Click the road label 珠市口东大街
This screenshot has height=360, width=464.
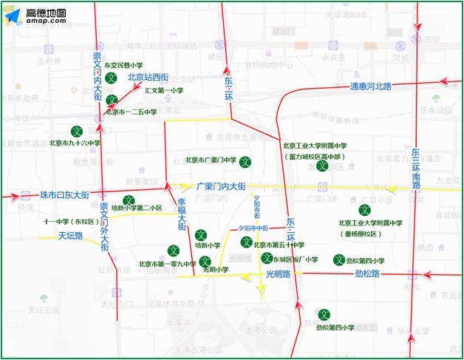click(64, 195)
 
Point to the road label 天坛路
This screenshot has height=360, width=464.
click(71, 237)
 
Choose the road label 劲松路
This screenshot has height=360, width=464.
click(367, 274)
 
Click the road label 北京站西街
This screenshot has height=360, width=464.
click(148, 77)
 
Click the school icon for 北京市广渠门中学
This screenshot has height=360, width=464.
click(247, 161)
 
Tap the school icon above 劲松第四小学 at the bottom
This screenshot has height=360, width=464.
click(324, 314)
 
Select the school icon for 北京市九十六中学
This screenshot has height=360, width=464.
click(75, 131)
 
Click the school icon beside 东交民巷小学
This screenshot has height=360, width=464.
click(111, 78)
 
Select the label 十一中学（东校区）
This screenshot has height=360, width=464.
click(71, 221)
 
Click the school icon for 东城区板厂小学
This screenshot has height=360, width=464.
click(267, 258)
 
